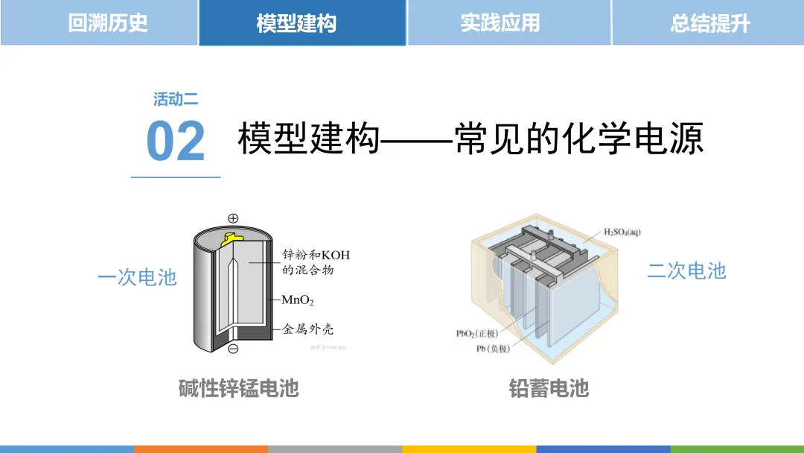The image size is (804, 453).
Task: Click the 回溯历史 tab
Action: [x=108, y=22]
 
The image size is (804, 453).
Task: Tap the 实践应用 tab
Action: [x=500, y=22]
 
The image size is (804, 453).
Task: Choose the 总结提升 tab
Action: [x=709, y=22]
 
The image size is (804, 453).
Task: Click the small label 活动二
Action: [x=176, y=99]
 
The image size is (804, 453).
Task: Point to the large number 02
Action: [x=176, y=141]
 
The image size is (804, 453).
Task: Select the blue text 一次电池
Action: [x=137, y=277]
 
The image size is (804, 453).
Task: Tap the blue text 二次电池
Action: [x=686, y=270]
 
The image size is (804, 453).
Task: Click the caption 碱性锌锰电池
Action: [x=238, y=388]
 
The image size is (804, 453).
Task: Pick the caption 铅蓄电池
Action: [x=549, y=388]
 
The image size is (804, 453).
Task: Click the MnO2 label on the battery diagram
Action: [x=298, y=301]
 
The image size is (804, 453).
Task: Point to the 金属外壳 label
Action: [x=307, y=329]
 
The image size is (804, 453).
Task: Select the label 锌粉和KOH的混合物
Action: [x=316, y=262]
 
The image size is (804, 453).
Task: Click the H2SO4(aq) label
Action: [x=622, y=232]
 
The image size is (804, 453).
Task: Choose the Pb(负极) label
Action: [x=492, y=349]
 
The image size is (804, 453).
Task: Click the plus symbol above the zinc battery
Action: [x=233, y=218]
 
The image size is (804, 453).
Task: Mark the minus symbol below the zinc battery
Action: [x=233, y=349]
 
